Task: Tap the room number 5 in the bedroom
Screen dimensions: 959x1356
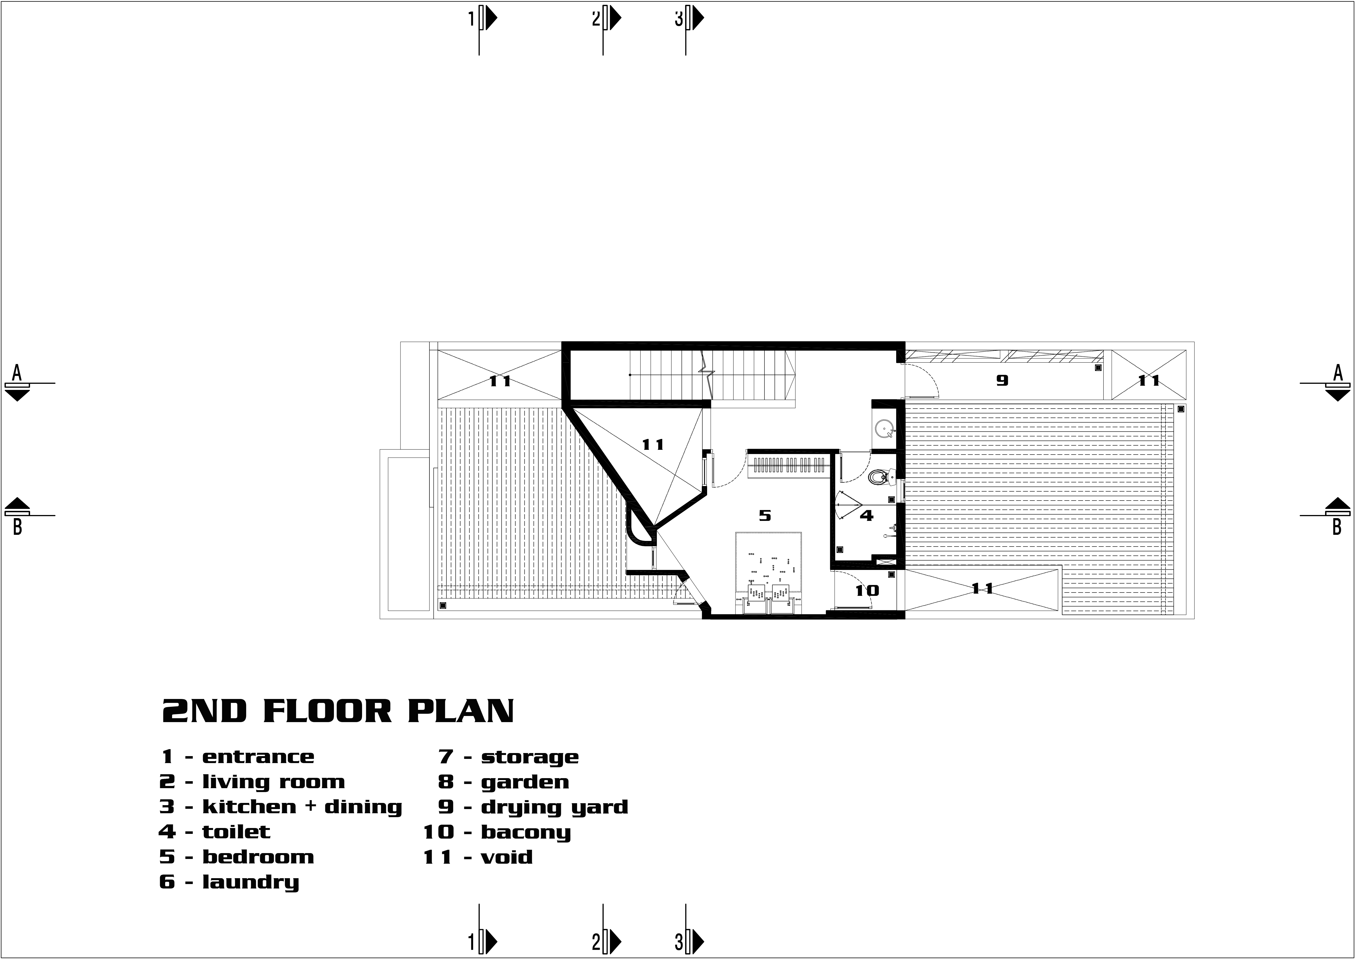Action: coord(765,516)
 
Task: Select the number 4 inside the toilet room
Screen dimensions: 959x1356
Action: coord(866,516)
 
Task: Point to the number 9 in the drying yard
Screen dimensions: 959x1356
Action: coord(1002,380)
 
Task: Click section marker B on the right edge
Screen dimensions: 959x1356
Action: coord(1337,515)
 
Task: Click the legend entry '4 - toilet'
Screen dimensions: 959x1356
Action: coord(214,832)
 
